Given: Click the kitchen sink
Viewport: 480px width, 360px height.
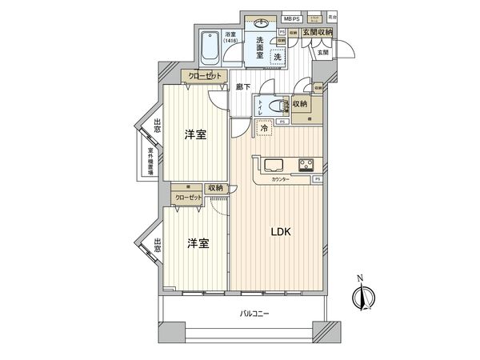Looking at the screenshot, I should [x=270, y=166].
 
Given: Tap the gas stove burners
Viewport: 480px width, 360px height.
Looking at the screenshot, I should [x=306, y=166].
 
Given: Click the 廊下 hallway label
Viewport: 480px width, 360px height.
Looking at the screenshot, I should [x=243, y=86].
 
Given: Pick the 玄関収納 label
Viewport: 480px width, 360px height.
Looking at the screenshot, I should [x=317, y=31].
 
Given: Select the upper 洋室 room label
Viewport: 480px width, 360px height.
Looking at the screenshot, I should [x=195, y=134].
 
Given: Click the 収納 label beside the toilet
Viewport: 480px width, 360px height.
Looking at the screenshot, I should [x=300, y=104].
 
